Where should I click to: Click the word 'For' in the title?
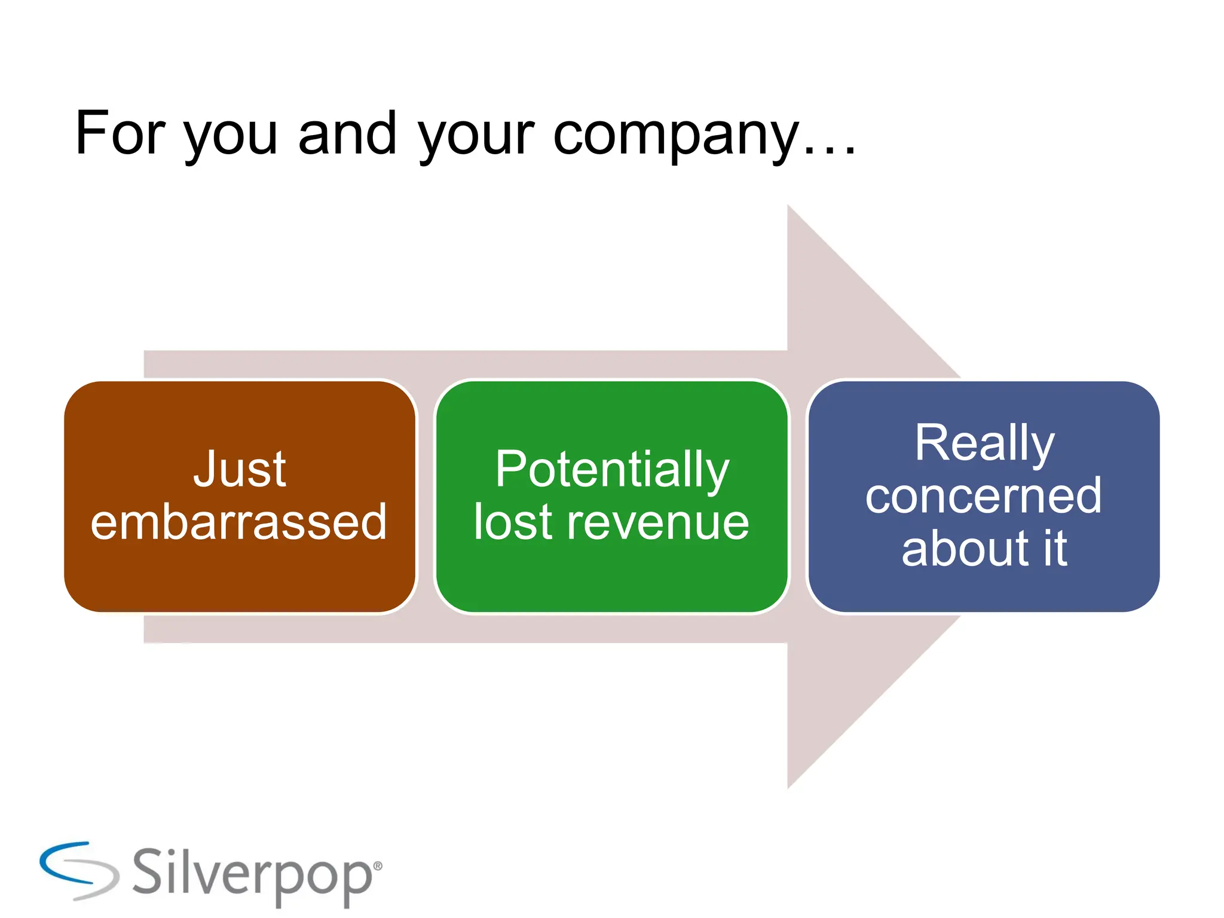point(120,134)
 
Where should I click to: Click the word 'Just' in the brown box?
point(240,469)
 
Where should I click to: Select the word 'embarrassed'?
point(239,522)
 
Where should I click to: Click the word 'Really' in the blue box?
point(984,443)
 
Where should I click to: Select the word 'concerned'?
point(984,495)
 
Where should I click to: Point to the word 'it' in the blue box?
point(1055,548)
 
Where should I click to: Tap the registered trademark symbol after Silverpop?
point(377,866)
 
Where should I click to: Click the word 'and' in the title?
point(347,134)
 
